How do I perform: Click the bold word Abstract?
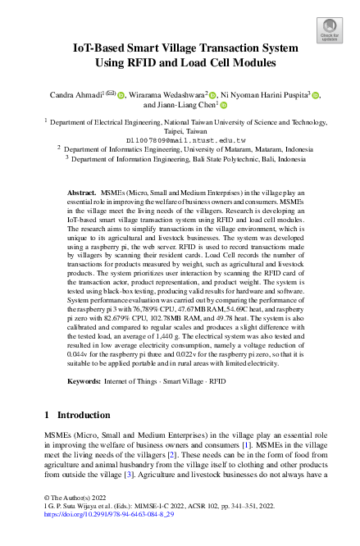(x=80, y=190)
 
